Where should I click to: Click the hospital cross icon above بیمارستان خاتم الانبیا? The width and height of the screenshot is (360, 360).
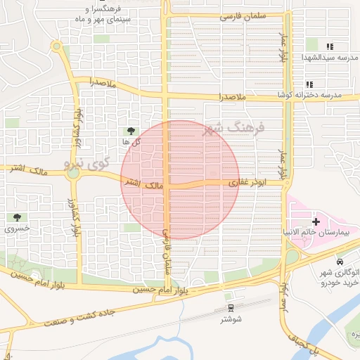coord(316,221)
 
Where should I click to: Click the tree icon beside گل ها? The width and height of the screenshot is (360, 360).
coord(130,131)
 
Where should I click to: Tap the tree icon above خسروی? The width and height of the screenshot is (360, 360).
coord(16,218)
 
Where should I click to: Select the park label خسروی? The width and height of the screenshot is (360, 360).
coord(16,229)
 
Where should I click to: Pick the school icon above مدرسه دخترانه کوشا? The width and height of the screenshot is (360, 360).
coord(309,84)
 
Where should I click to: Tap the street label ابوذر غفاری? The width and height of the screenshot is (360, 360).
coord(245,182)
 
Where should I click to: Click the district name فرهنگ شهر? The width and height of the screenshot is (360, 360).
coord(232,129)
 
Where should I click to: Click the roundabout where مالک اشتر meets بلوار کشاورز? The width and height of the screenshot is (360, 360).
coord(72,173)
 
